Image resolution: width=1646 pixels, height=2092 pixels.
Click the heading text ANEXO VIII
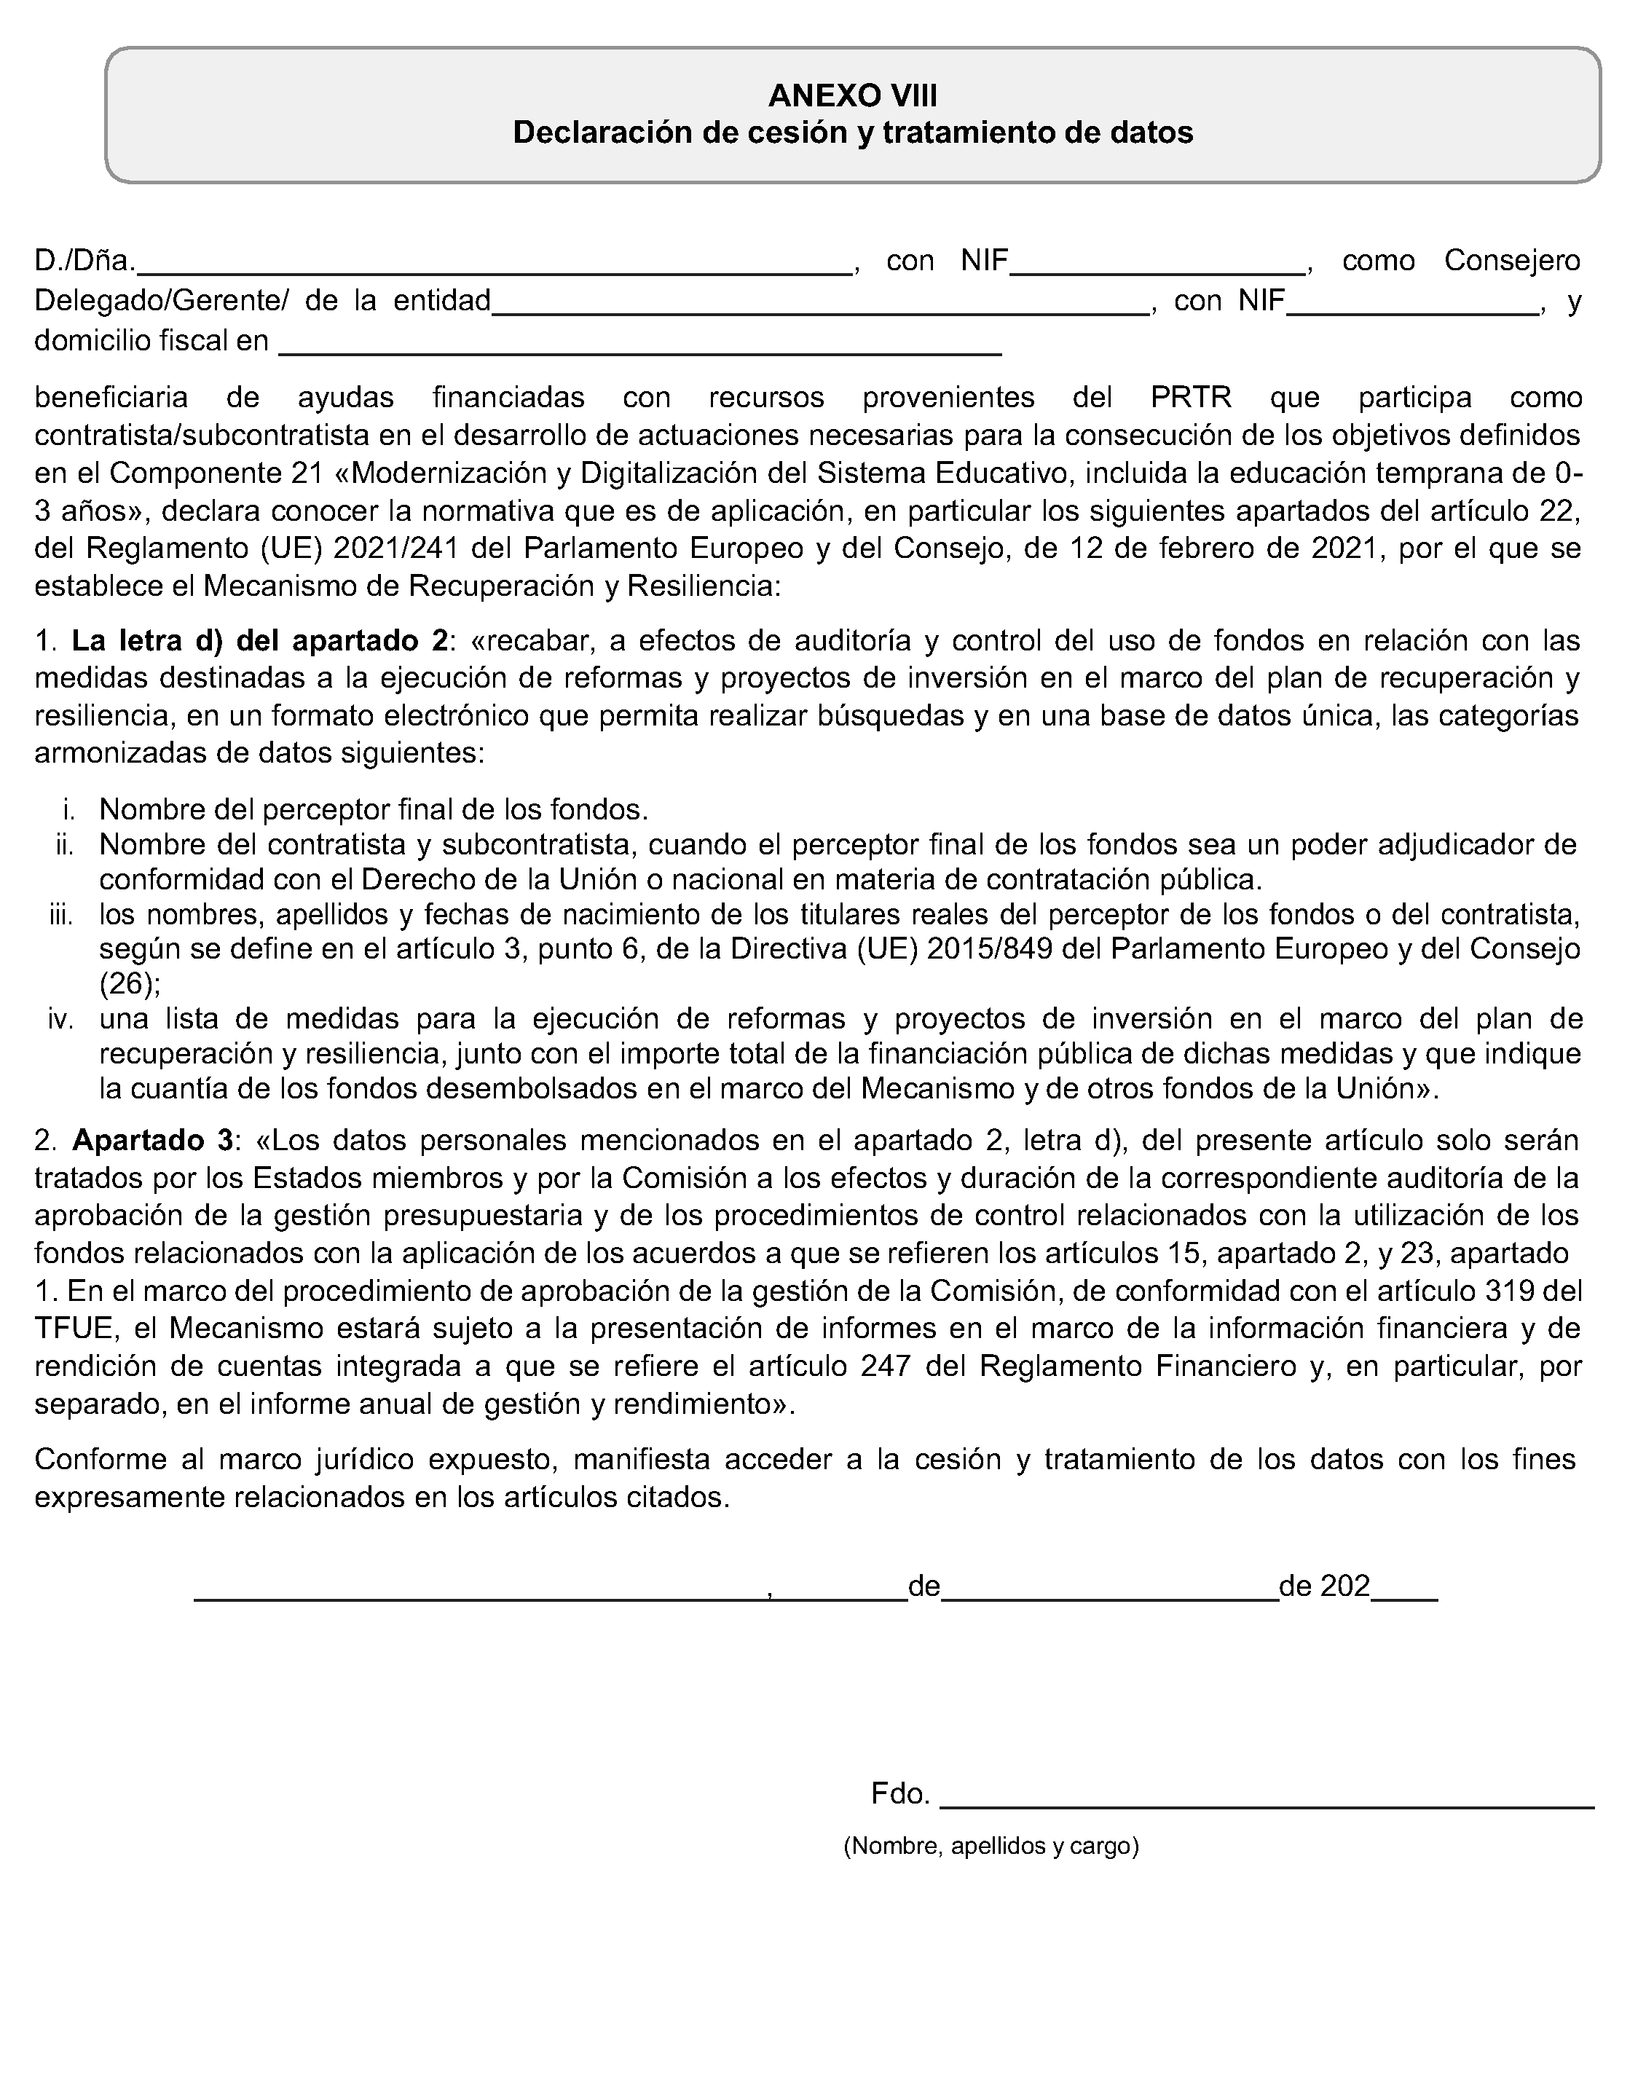pyautogui.click(x=852, y=95)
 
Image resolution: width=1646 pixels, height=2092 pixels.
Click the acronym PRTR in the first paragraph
pyautogui.click(x=1191, y=397)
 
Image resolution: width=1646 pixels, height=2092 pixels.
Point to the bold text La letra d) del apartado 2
pyautogui.click(x=260, y=641)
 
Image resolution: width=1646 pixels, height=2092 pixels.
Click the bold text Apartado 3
pyautogui.click(x=152, y=1140)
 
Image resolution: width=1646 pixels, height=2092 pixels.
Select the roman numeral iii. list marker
pyautogui.click(x=62, y=913)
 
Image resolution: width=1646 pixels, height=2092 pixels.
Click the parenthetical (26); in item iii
pyautogui.click(x=130, y=984)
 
